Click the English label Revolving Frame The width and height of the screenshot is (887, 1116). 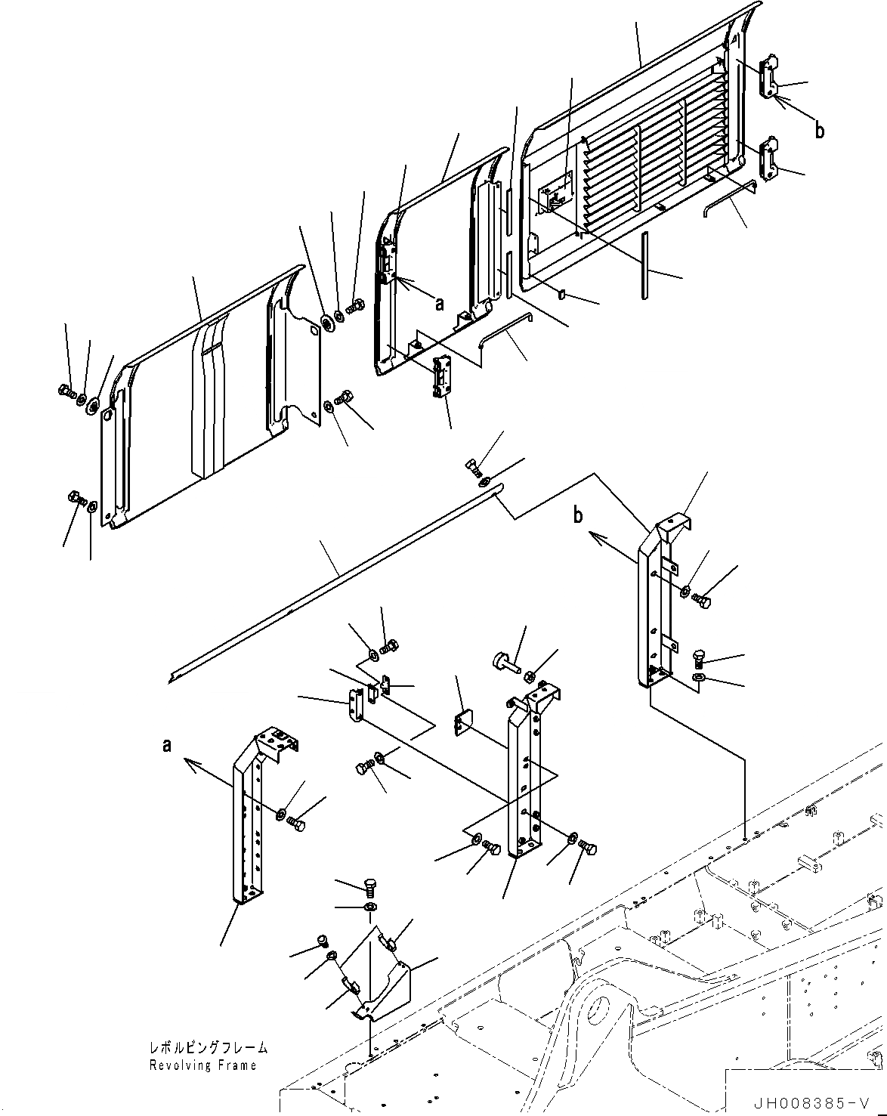[202, 1065]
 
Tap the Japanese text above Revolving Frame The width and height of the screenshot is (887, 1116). [208, 1048]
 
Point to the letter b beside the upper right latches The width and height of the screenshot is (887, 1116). [819, 130]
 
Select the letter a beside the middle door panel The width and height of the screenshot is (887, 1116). [439, 305]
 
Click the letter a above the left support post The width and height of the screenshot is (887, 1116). [166, 746]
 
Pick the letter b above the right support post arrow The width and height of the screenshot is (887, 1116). [578, 517]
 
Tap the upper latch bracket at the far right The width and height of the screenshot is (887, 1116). [769, 76]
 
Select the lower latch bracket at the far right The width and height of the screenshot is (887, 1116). [769, 158]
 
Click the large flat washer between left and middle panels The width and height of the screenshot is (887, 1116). [329, 323]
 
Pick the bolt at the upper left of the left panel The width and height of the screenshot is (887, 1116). [65, 391]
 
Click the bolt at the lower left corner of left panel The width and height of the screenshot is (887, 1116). [76, 499]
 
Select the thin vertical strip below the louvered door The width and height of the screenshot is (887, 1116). [644, 265]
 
